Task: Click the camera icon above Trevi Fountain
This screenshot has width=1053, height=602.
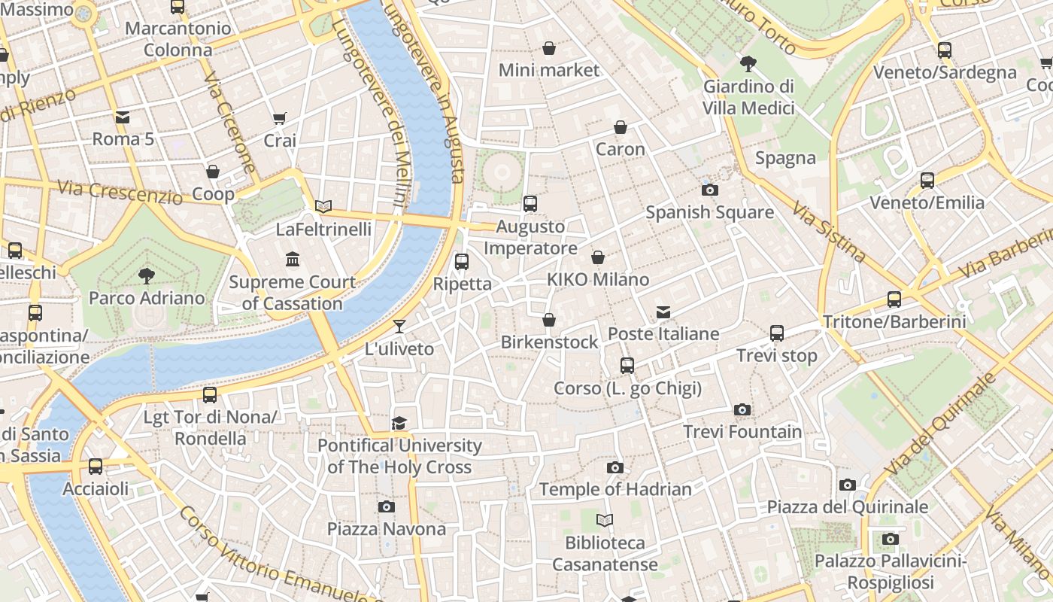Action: click(x=742, y=410)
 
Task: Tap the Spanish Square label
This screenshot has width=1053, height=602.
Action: click(x=709, y=212)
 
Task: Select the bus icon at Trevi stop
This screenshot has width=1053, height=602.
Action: click(x=777, y=333)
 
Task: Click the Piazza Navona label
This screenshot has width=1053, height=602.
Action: click(x=387, y=529)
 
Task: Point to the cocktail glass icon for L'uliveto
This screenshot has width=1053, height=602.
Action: click(x=399, y=327)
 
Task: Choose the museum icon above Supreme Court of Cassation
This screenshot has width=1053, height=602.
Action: click(x=293, y=260)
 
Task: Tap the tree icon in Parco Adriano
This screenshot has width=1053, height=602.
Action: click(x=147, y=276)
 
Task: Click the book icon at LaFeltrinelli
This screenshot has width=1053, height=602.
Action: click(x=323, y=206)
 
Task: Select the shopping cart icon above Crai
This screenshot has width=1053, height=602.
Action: click(x=280, y=118)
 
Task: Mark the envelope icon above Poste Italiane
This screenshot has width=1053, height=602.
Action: click(x=663, y=312)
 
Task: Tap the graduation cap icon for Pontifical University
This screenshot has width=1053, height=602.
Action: click(x=399, y=424)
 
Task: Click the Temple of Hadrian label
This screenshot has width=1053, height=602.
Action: click(x=615, y=489)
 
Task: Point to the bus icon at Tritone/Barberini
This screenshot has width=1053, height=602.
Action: click(x=894, y=299)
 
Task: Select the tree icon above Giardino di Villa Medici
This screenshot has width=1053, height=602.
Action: click(x=748, y=64)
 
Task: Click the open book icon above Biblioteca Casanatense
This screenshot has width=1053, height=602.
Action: click(x=605, y=520)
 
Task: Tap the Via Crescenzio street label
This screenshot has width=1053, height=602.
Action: click(x=120, y=193)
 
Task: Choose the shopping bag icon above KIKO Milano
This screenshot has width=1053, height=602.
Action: click(x=598, y=258)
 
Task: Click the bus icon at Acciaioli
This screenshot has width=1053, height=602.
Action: click(x=96, y=467)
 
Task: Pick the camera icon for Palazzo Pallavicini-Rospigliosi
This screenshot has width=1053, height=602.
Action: click(x=891, y=539)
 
